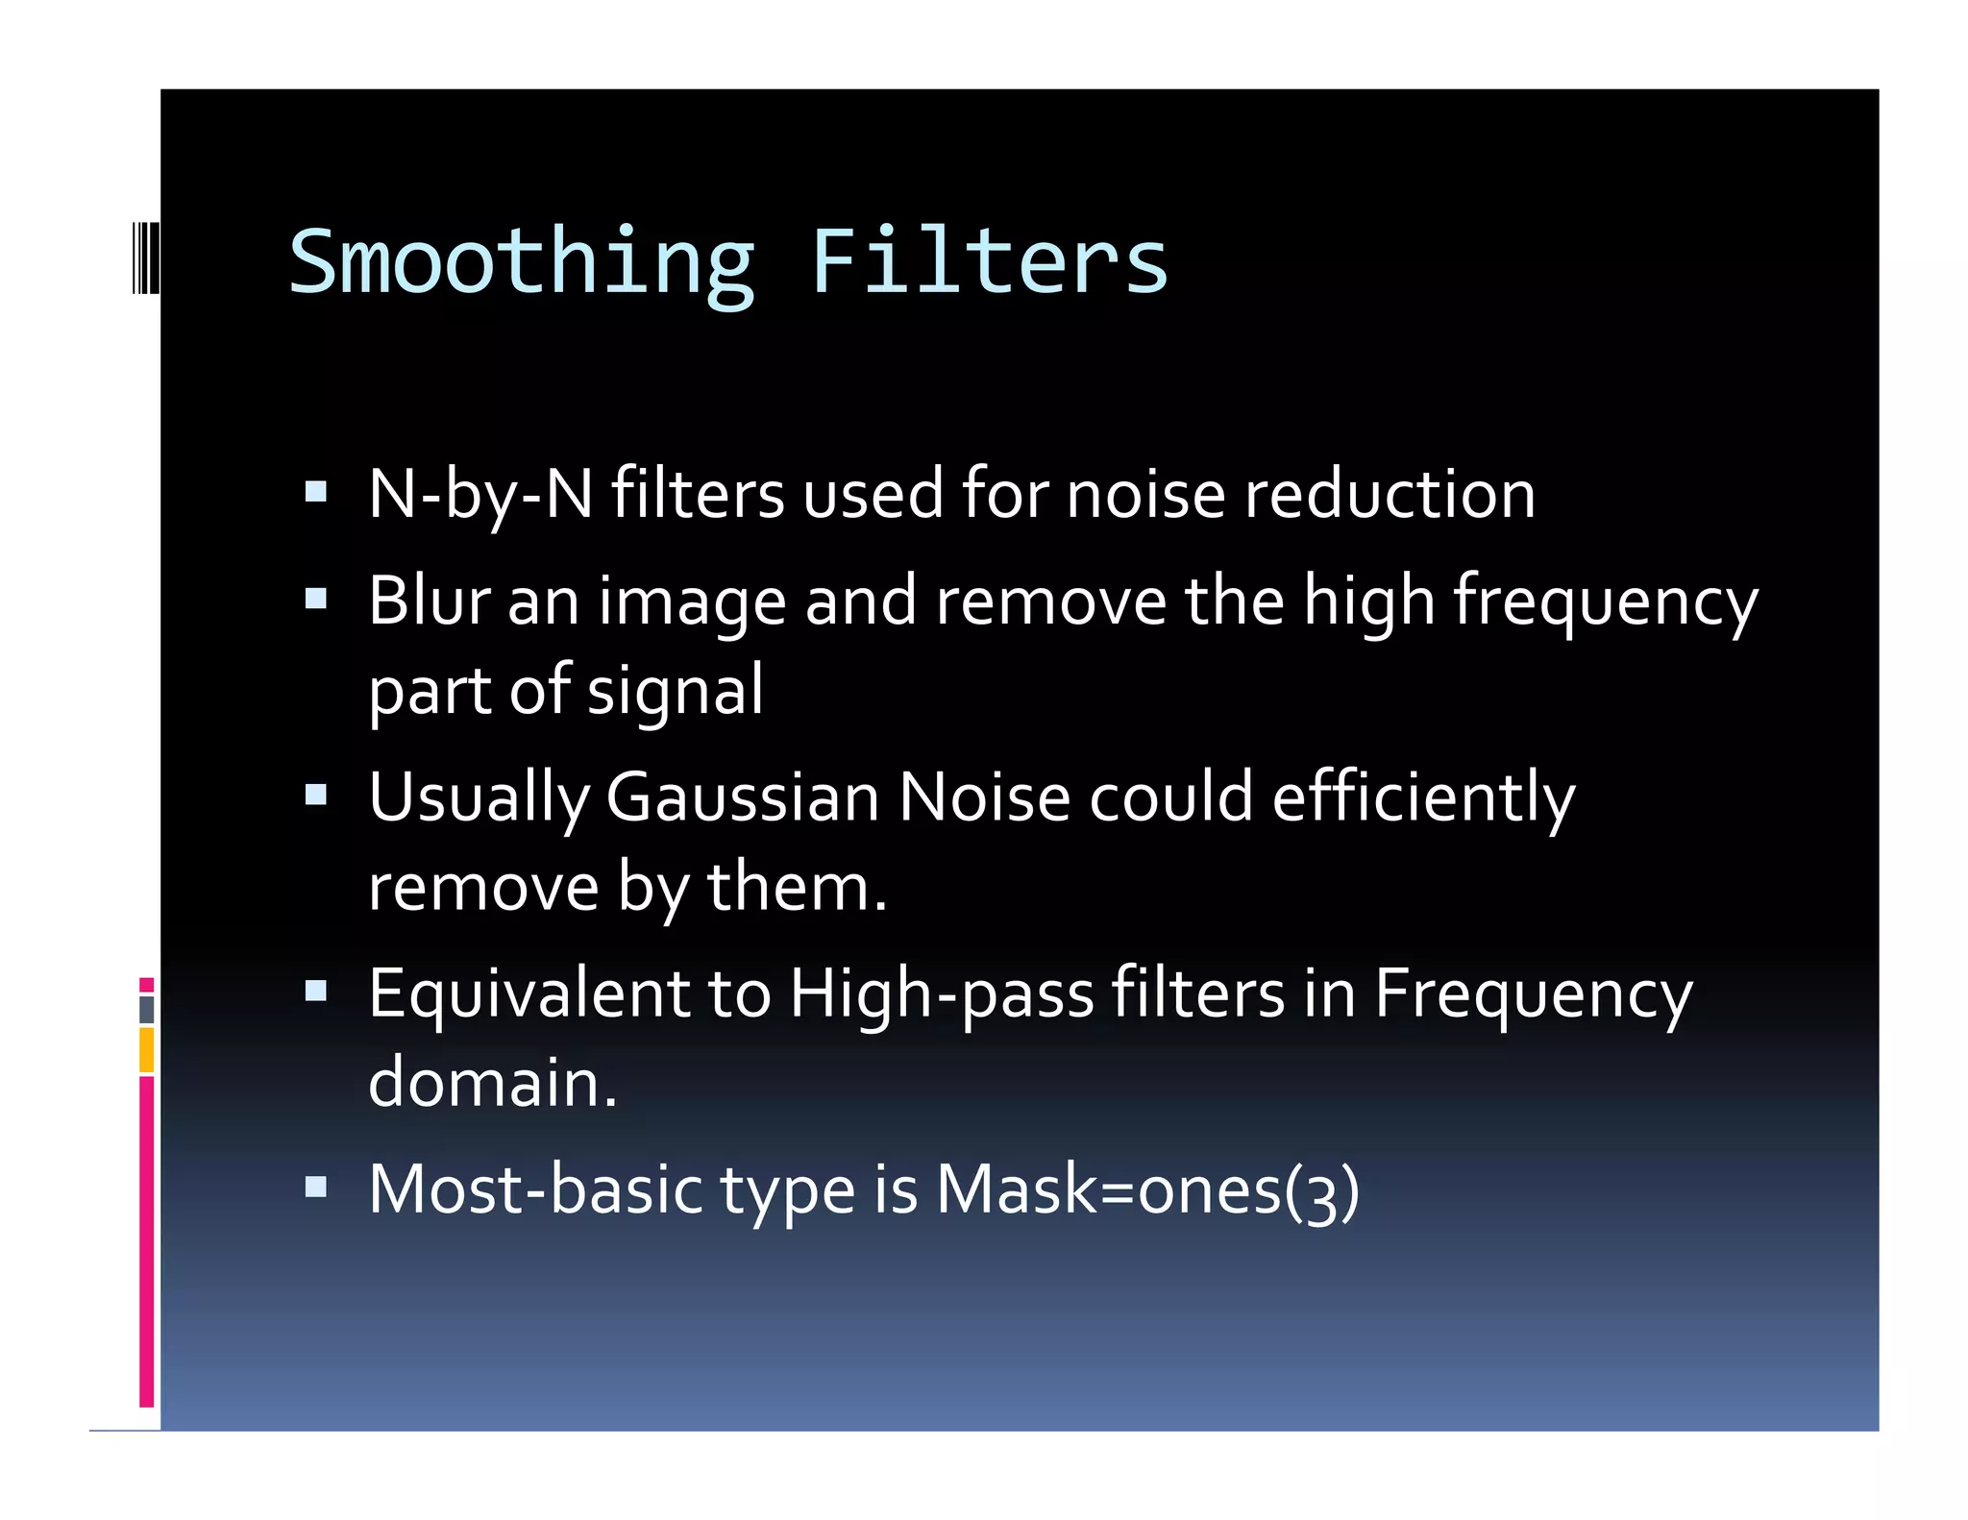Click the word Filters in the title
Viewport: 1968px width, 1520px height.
pos(989,261)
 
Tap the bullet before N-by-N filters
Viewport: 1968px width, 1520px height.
pos(315,493)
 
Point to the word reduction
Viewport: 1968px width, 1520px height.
pos(1390,495)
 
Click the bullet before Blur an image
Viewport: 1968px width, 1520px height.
pos(315,600)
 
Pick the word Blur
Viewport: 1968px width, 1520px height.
pos(429,601)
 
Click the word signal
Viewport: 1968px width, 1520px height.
pos(675,691)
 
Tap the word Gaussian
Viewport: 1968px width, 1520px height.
pos(743,797)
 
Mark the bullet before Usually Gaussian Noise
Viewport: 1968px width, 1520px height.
pos(315,795)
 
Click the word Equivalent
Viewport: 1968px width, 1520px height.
pos(529,994)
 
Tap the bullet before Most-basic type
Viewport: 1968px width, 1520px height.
pos(315,1188)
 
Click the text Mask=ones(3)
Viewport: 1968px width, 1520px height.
pos(1147,1190)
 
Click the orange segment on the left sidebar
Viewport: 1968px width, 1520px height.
pos(146,1049)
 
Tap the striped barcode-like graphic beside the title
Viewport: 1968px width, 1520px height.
pos(145,257)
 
